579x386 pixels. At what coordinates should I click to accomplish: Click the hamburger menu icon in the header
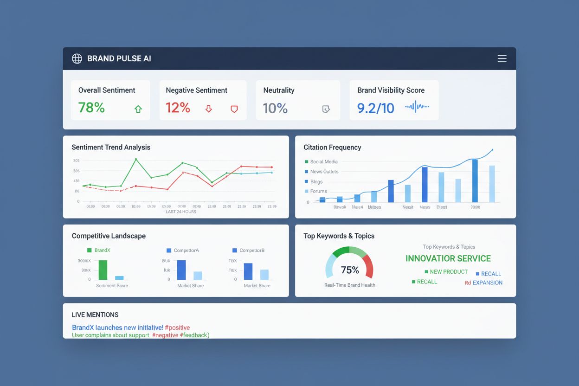502,58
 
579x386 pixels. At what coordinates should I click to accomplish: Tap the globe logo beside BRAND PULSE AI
77,58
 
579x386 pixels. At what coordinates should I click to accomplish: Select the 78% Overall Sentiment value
91,108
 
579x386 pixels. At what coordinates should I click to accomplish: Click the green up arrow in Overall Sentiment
138,109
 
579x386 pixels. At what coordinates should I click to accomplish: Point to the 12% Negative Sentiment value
178,108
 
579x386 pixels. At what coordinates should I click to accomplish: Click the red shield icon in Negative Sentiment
234,109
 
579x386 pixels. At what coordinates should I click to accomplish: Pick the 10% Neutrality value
275,108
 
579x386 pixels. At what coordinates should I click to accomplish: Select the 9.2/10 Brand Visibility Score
375,108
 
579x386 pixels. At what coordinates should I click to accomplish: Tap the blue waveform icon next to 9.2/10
417,107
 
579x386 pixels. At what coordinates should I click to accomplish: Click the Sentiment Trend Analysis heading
111,147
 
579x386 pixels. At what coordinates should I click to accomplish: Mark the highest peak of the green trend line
136,159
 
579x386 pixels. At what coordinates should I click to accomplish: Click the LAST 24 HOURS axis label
181,212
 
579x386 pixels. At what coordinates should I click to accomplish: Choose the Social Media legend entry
323,162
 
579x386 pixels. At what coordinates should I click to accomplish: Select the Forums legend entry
318,191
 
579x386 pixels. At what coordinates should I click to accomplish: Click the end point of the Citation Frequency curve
492,150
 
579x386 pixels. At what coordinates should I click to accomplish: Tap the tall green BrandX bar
103,270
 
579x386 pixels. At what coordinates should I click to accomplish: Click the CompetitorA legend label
186,251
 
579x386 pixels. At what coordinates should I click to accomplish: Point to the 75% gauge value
349,270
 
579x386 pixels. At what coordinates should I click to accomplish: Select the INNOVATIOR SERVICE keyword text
448,258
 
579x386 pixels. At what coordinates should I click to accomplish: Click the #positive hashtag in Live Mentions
177,328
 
